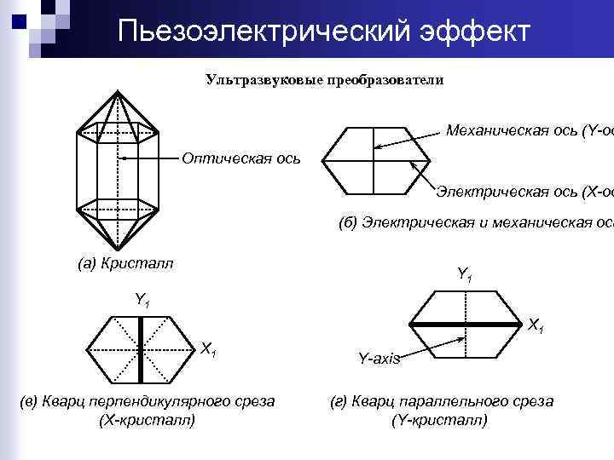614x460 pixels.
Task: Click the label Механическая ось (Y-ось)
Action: (x=529, y=131)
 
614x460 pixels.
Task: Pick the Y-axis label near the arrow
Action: (x=379, y=359)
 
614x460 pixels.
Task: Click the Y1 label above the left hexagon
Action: (x=142, y=299)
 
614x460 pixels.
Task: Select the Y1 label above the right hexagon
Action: (x=465, y=274)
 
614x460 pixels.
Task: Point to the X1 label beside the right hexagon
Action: (x=536, y=325)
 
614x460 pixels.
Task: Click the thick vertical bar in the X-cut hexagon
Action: (x=139, y=349)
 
